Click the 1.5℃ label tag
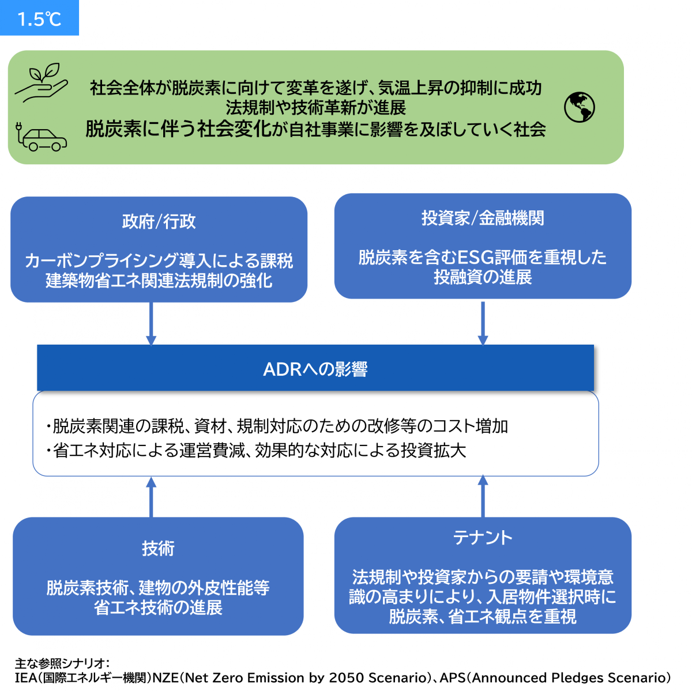[x=39, y=18]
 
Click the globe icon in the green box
[x=579, y=107]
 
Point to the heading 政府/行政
[x=159, y=222]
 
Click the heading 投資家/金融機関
[x=483, y=218]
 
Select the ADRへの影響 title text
[x=315, y=369]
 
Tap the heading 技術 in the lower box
[x=158, y=548]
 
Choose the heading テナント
[x=483, y=538]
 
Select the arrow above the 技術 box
[x=151, y=496]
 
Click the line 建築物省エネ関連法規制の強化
[x=159, y=281]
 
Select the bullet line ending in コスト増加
[x=277, y=426]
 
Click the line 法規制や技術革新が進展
[x=315, y=107]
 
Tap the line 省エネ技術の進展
[x=158, y=607]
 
